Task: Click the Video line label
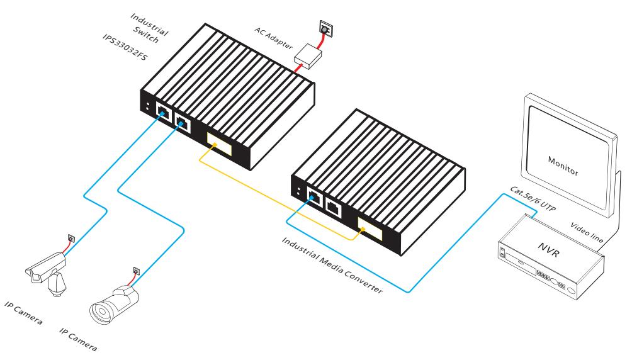click(588, 234)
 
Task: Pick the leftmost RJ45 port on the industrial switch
click(162, 114)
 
